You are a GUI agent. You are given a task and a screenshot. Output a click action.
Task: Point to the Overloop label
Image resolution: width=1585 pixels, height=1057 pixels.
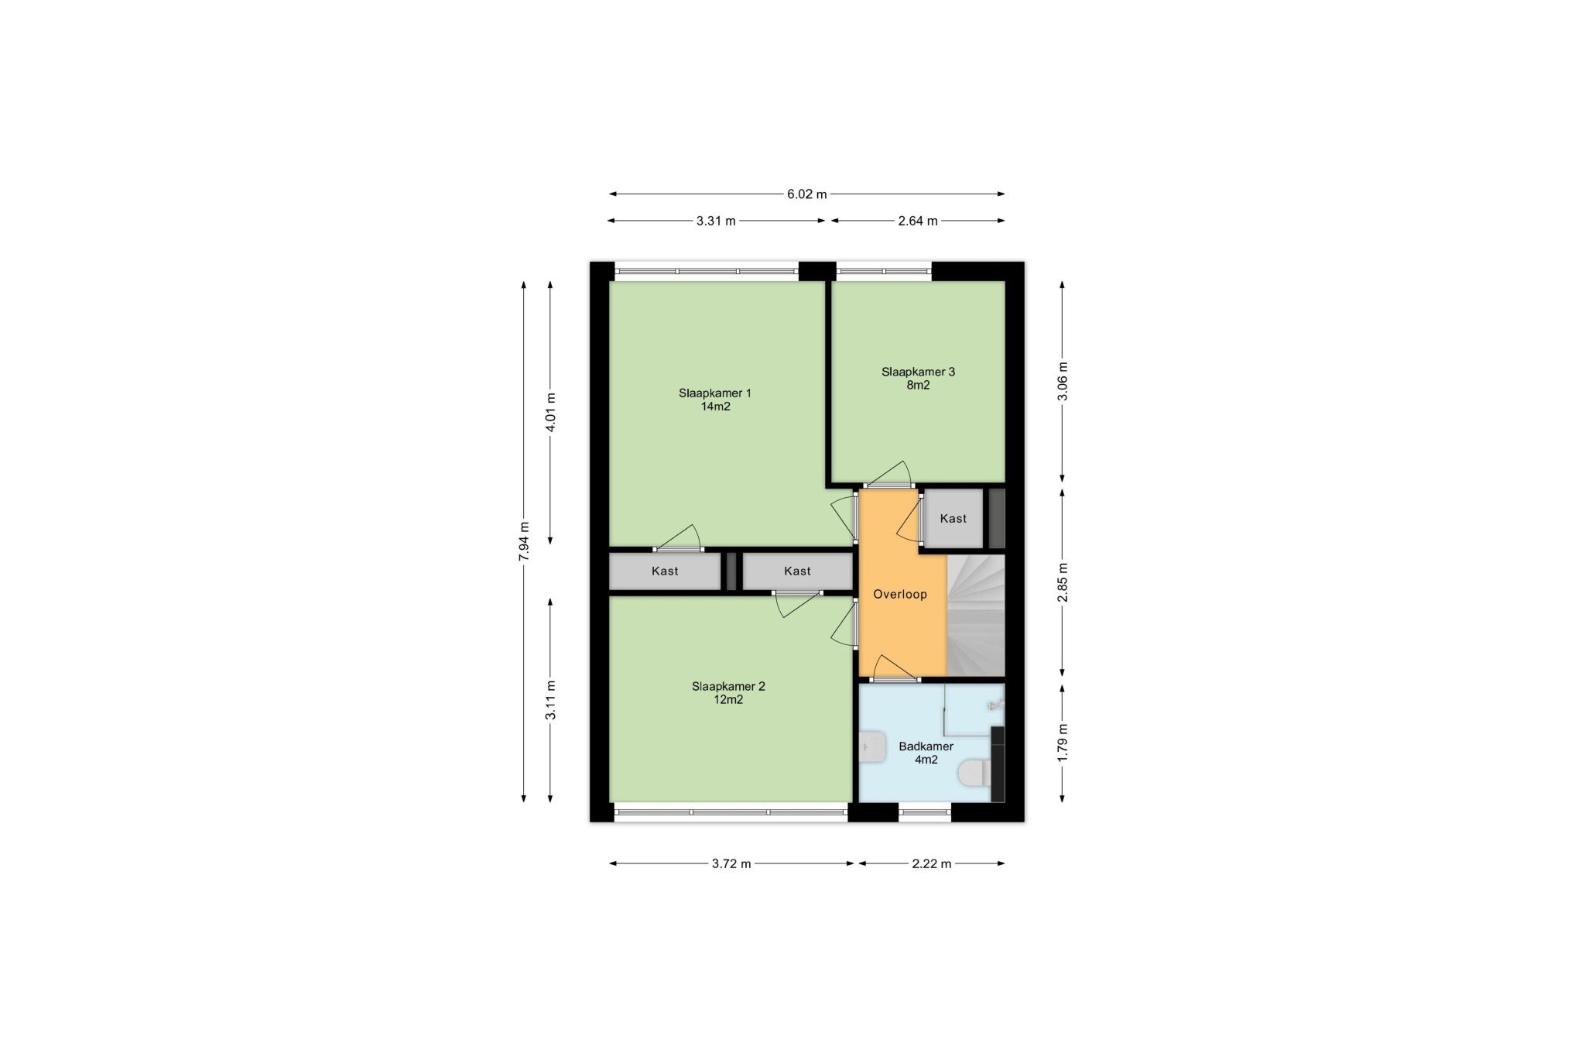[900, 595]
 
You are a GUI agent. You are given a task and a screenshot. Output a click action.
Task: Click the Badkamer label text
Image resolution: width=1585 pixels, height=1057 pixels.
[926, 746]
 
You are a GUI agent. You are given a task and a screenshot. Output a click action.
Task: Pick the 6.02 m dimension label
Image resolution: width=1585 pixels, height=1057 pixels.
[807, 194]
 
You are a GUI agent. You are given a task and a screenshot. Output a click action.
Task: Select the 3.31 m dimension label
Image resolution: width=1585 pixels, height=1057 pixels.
[716, 221]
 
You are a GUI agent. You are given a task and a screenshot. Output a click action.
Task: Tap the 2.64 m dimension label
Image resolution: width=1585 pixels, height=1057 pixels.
[918, 221]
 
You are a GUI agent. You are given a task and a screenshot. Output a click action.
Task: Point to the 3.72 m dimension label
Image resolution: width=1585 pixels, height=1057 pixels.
[731, 863]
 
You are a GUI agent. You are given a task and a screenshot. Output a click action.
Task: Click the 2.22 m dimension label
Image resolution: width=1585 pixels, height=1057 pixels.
[932, 863]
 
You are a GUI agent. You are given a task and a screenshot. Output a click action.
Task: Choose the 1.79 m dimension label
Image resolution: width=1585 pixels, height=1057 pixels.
[1063, 742]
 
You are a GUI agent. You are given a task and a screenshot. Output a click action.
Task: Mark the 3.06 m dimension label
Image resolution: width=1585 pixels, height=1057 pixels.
[1063, 381]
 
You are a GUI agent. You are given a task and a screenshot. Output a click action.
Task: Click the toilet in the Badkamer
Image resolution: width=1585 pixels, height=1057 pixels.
[974, 773]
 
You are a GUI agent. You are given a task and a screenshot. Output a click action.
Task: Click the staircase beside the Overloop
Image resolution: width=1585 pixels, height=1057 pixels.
[976, 615]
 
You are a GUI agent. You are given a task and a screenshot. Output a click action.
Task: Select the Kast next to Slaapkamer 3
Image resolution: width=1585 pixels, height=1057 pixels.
[953, 519]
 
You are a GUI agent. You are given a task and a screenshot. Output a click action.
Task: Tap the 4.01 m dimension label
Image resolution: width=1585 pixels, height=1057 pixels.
[550, 413]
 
